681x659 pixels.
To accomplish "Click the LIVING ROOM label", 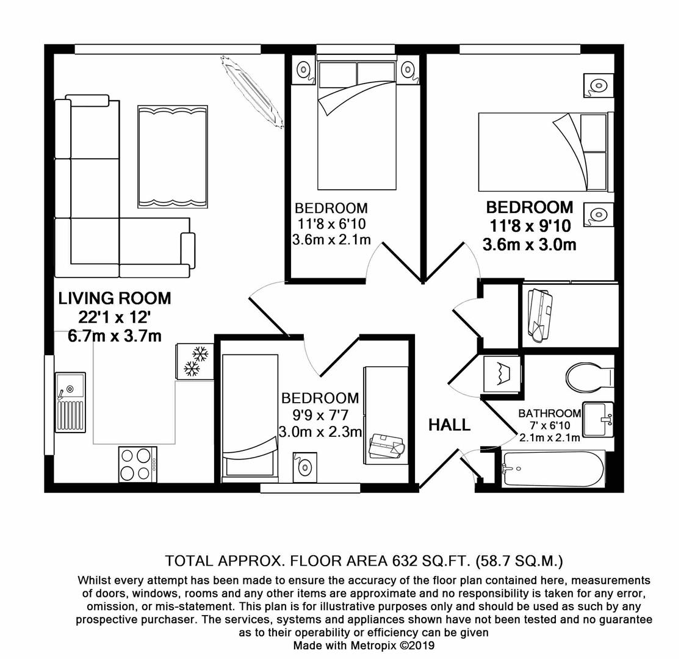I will [x=115, y=298].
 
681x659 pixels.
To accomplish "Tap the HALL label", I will [x=449, y=425].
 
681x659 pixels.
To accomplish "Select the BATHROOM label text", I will [x=549, y=413].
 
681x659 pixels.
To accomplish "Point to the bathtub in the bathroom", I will [x=553, y=469].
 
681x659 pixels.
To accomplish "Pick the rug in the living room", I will [x=173, y=157].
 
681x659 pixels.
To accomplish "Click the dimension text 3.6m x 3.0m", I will [x=529, y=245].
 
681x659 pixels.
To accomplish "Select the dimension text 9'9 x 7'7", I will [x=320, y=416].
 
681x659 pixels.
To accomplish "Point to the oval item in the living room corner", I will [x=251, y=92].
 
